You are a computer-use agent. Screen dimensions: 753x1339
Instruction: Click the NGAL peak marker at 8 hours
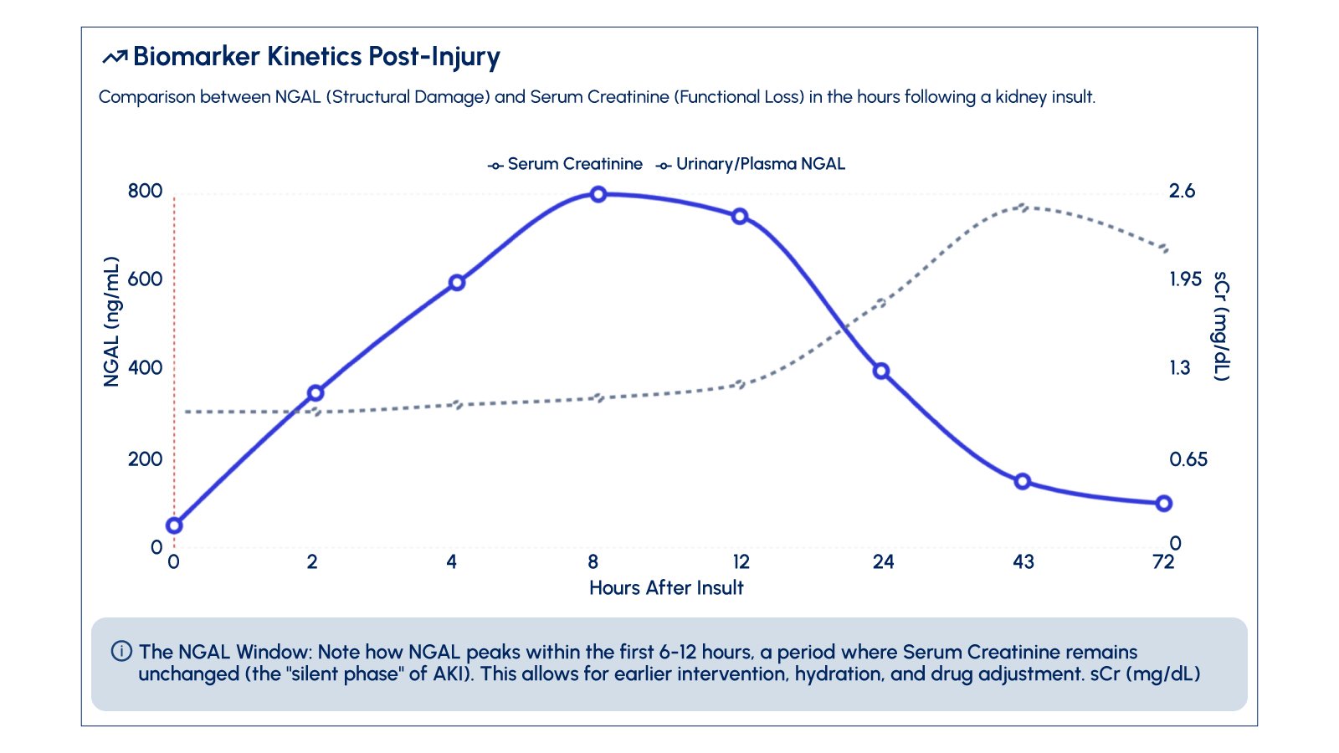(598, 194)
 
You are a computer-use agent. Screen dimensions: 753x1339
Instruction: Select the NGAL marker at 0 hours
(174, 525)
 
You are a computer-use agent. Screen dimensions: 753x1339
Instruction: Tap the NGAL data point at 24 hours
(881, 371)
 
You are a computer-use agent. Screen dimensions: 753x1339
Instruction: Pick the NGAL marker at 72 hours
(1163, 503)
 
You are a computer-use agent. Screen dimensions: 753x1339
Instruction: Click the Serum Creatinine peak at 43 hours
(1022, 206)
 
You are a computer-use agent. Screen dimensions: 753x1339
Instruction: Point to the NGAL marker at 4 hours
(457, 283)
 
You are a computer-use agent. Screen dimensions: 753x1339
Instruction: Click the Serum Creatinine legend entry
(567, 164)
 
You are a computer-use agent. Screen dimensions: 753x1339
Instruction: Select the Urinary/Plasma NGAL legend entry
(752, 164)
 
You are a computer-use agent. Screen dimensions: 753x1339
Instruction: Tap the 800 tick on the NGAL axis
(145, 191)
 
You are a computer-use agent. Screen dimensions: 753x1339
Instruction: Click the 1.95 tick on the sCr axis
(1185, 279)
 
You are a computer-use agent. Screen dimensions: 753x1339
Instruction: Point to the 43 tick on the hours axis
(1023, 561)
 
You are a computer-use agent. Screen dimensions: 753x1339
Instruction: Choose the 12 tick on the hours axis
(741, 561)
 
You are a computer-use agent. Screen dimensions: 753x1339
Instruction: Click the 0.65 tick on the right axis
(1188, 459)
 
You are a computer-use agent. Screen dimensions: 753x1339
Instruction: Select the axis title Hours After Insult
(666, 587)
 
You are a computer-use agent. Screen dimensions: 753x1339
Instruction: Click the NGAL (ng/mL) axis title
(111, 322)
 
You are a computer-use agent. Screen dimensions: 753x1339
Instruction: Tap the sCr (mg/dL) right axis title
(1222, 326)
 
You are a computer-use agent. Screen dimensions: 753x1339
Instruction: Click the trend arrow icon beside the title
(115, 57)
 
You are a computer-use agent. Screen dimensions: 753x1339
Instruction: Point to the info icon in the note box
(121, 651)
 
